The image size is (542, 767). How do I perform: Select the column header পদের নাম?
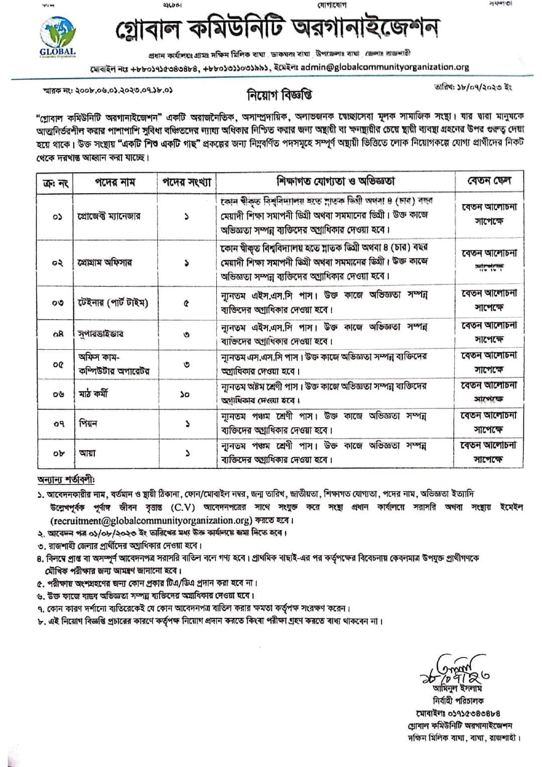tap(115, 182)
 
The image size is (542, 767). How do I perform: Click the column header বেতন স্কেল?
tap(489, 181)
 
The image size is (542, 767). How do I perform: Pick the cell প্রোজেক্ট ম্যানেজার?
tap(109, 216)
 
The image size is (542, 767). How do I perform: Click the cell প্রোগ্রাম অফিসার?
tap(105, 263)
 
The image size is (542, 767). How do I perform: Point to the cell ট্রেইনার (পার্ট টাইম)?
tap(113, 303)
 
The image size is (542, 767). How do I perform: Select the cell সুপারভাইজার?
tap(100, 334)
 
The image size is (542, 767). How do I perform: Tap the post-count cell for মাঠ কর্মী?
tap(186, 395)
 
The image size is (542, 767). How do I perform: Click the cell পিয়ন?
tap(88, 423)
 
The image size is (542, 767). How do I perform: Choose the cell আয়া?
tap(87, 453)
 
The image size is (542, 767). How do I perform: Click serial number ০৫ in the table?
tap(57, 364)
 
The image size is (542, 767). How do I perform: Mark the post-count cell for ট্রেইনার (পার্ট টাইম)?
tap(186, 303)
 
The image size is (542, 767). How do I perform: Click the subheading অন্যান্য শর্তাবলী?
tap(66, 480)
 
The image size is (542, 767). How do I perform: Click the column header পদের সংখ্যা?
tap(186, 182)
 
